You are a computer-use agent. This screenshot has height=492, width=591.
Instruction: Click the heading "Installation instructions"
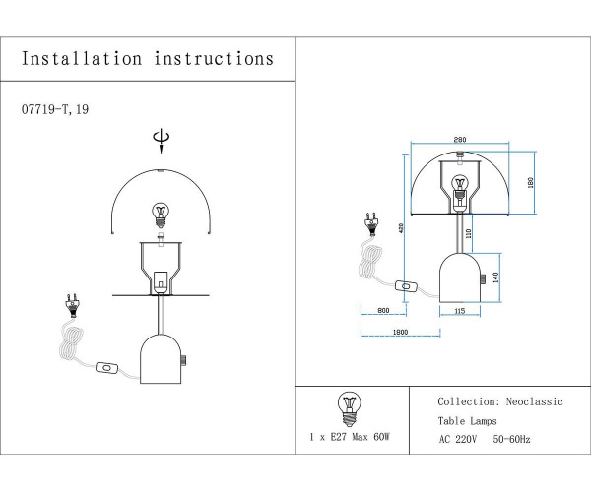(148, 59)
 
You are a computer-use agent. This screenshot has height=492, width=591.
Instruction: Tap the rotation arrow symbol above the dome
(162, 144)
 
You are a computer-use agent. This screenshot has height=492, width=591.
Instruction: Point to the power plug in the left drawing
(70, 302)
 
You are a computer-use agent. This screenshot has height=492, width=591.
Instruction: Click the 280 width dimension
(458, 142)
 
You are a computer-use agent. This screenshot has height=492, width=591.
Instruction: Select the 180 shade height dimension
(530, 183)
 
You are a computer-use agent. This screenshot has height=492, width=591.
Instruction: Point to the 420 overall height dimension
(401, 228)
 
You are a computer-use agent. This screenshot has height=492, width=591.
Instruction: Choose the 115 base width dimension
(459, 312)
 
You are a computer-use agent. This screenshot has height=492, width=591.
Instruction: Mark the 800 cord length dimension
(383, 312)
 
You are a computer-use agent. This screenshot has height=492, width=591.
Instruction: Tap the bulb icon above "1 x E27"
(348, 406)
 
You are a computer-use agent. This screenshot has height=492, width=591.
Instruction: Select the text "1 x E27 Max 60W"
(349, 435)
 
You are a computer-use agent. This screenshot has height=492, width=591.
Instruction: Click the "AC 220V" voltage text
(458, 440)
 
